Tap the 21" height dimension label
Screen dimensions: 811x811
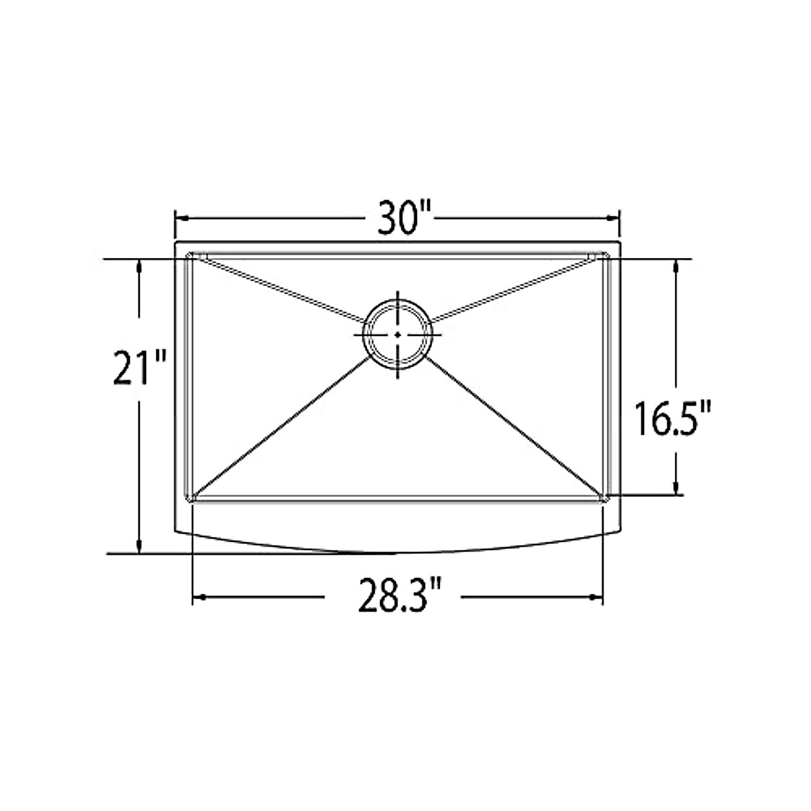[x=139, y=368]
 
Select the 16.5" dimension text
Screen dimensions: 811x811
[x=674, y=418]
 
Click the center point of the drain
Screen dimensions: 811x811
[x=397, y=334]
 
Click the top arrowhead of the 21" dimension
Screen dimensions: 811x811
[x=139, y=266]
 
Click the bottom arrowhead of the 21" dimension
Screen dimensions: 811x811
[x=139, y=548]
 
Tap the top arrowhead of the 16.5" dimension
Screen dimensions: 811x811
[x=674, y=266]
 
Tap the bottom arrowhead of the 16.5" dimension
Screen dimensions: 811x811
[x=674, y=489]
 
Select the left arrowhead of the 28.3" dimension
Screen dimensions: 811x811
[x=198, y=597]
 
